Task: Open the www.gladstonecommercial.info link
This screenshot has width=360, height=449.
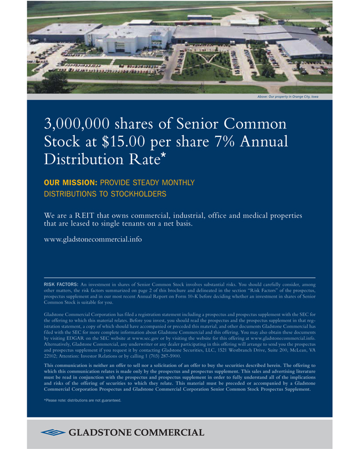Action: coord(93,239)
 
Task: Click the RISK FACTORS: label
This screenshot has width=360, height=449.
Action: coord(61,284)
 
